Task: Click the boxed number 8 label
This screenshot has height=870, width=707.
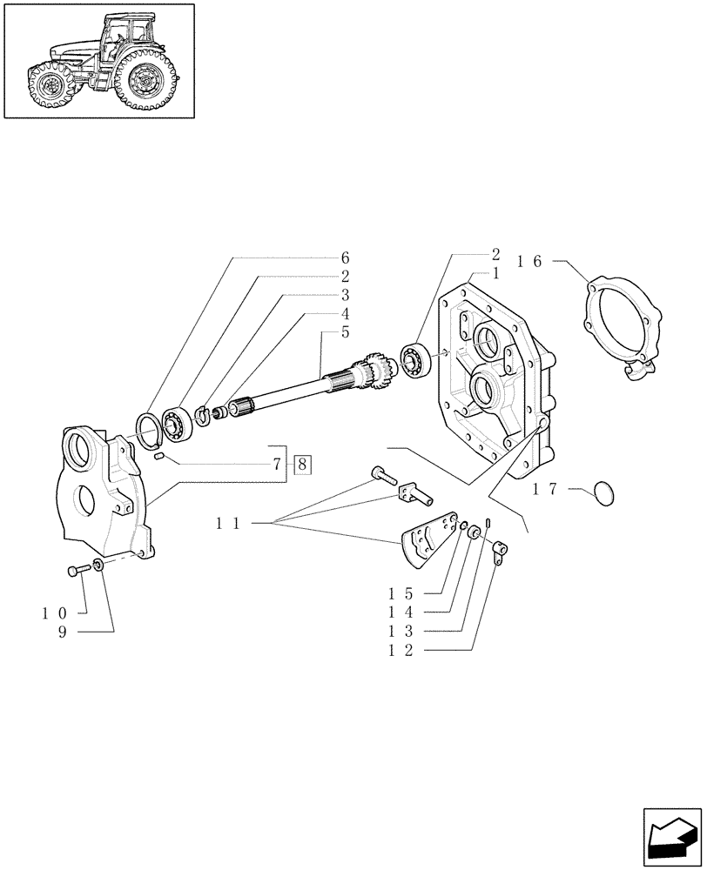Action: [302, 464]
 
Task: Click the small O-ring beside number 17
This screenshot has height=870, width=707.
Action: [599, 493]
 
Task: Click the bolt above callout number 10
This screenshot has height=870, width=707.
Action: [75, 571]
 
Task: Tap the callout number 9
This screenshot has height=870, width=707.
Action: [63, 632]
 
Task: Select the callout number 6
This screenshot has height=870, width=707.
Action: [345, 258]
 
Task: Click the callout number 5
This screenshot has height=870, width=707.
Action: [345, 332]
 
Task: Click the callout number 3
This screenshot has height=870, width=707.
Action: [345, 295]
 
